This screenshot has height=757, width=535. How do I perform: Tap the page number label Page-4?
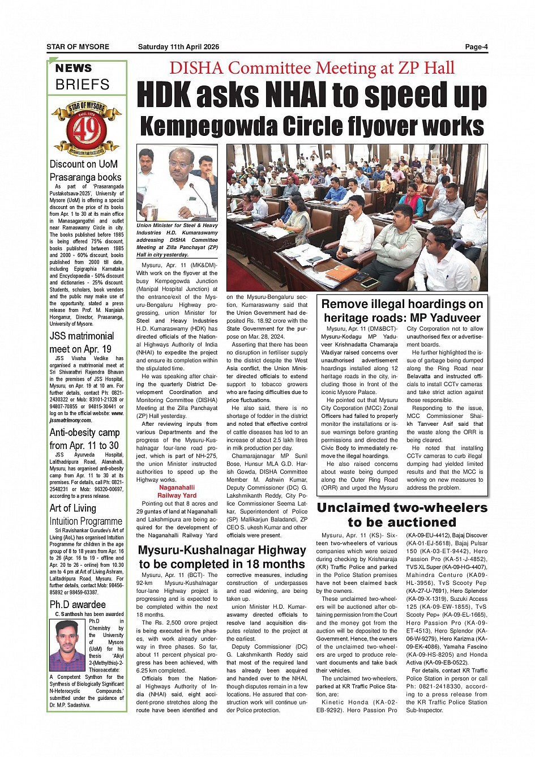(x=476, y=47)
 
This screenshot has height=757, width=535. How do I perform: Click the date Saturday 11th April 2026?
(x=178, y=47)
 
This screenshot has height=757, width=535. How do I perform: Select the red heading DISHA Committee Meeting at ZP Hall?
(x=311, y=68)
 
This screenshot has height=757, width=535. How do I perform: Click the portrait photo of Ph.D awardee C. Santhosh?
(x=67, y=645)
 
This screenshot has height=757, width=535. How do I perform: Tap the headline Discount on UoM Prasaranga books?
(x=85, y=170)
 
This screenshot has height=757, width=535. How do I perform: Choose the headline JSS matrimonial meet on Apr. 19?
(x=81, y=343)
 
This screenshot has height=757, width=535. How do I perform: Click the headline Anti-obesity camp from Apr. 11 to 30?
(x=84, y=439)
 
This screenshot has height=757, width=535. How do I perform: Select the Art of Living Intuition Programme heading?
(x=85, y=515)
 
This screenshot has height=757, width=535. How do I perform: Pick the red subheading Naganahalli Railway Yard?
(x=177, y=491)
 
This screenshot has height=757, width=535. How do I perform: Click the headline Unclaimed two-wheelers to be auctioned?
(x=402, y=515)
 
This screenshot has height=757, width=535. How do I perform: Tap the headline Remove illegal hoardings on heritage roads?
(x=402, y=311)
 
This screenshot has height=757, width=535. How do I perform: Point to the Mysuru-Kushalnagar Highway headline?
(x=222, y=557)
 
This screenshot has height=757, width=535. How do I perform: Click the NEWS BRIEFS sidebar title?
(x=82, y=77)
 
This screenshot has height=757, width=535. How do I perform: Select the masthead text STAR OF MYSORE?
(x=78, y=47)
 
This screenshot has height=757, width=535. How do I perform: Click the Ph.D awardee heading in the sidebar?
(x=78, y=605)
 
